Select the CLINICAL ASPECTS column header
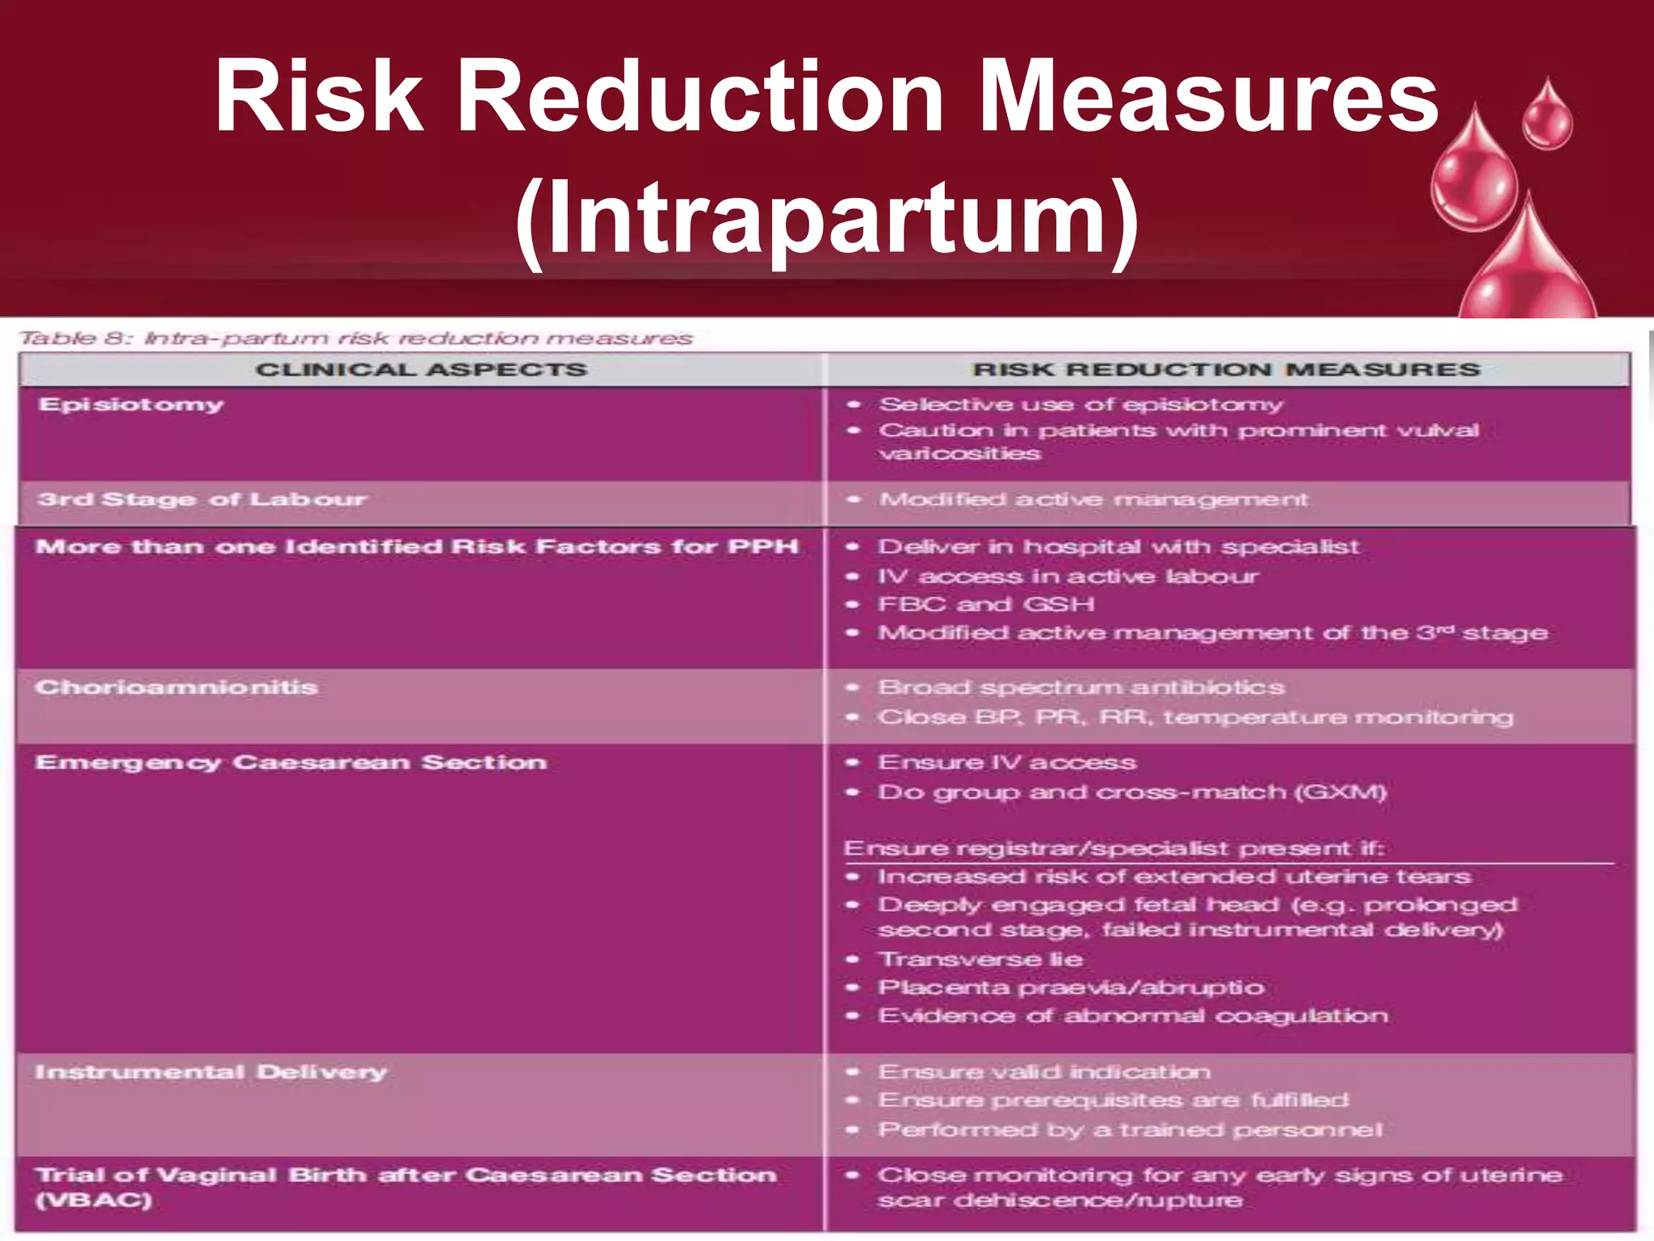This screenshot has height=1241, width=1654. pyautogui.click(x=421, y=370)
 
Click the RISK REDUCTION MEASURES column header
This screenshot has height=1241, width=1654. pyautogui.click(x=1226, y=370)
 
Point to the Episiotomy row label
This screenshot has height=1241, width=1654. pyautogui.click(x=131, y=405)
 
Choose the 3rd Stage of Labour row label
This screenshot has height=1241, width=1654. pyautogui.click(x=202, y=499)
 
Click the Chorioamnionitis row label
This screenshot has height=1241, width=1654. pyautogui.click(x=176, y=688)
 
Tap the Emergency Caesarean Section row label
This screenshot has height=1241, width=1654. pyautogui.click(x=291, y=763)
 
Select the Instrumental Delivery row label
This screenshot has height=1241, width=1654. pyautogui.click(x=211, y=1072)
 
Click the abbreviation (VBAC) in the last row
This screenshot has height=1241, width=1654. pyautogui.click(x=94, y=1201)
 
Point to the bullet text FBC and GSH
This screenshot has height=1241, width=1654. pyautogui.click(x=986, y=604)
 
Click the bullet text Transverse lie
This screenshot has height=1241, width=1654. pyautogui.click(x=980, y=959)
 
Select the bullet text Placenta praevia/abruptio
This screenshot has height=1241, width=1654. pyautogui.click(x=1071, y=987)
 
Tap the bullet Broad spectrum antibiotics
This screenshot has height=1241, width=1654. pyautogui.click(x=1081, y=688)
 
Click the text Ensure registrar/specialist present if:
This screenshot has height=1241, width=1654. pyautogui.click(x=1114, y=848)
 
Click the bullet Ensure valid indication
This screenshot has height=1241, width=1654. pyautogui.click(x=1044, y=1072)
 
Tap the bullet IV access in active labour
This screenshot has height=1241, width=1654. pyautogui.click(x=1068, y=576)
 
